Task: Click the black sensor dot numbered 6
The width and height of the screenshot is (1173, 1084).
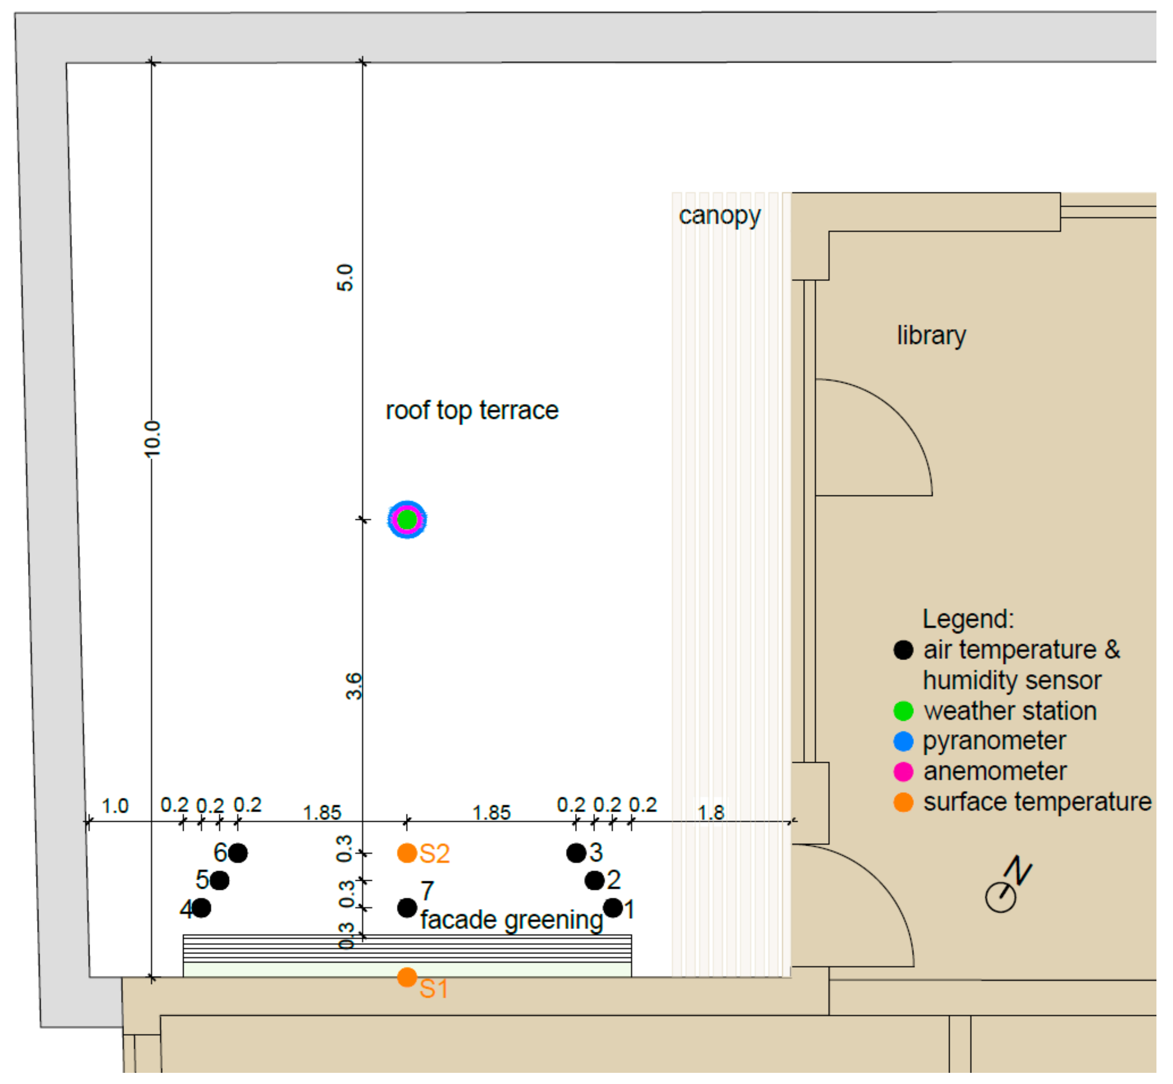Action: coord(237,853)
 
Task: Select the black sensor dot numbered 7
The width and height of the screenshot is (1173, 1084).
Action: coord(407,908)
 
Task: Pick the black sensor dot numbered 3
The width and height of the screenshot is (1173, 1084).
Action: coord(576,853)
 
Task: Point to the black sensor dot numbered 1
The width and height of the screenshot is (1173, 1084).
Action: coord(613,908)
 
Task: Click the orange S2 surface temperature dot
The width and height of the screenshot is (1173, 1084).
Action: coord(407,853)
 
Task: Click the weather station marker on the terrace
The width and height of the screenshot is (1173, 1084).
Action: coord(407,520)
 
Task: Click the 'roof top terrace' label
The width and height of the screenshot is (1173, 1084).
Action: coord(472,411)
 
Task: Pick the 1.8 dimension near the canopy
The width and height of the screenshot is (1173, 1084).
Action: coord(711,813)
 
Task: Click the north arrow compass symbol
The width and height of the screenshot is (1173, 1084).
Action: coord(1007,885)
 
